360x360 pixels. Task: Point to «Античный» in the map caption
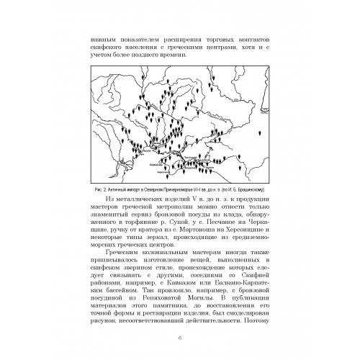coord(112,170)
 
